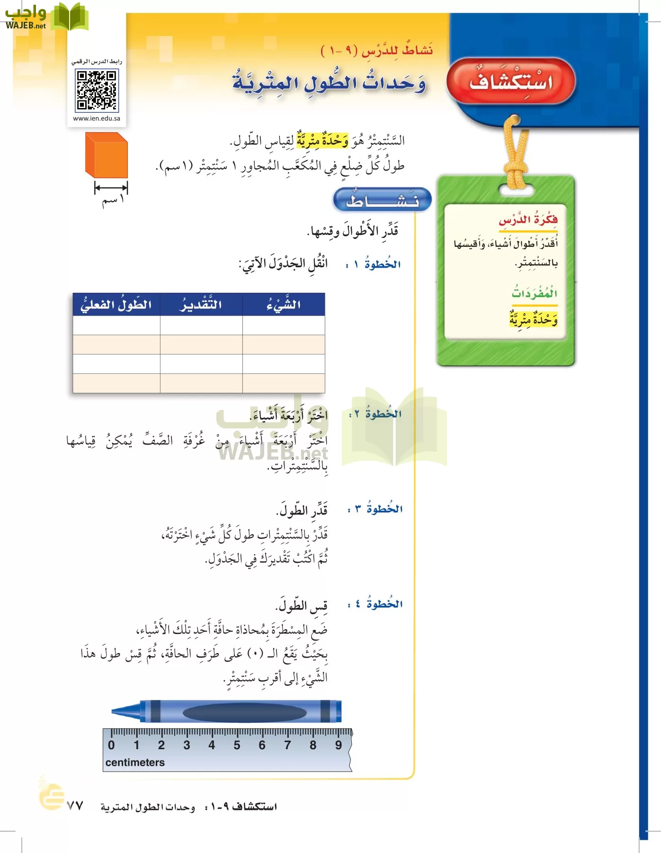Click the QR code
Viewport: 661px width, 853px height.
pos(97,90)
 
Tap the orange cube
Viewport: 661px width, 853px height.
pos(107,155)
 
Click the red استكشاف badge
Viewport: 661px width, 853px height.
pos(511,82)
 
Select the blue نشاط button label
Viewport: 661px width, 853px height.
pos(383,200)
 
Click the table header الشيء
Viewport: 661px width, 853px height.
pos(283,305)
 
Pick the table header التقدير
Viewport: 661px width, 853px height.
pos(201,305)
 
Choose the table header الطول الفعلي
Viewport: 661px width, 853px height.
pos(116,305)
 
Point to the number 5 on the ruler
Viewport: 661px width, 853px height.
pos(237,745)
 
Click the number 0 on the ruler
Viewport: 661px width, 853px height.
pos(111,745)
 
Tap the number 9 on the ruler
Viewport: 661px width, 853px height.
pos(338,745)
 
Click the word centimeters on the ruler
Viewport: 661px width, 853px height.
pos(135,762)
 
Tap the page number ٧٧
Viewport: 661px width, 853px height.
pos(75,806)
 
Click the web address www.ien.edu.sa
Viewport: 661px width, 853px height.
pos(97,118)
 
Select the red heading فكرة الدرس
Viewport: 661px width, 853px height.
pos(528,220)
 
